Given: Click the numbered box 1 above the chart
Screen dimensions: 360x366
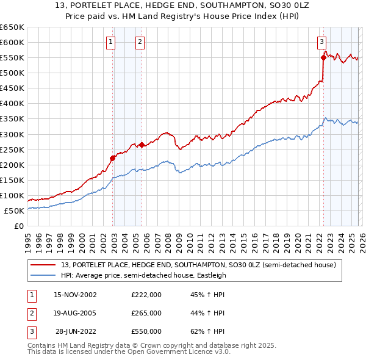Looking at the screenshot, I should coord(110,42).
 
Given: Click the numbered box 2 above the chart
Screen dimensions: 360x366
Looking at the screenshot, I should coord(140,42).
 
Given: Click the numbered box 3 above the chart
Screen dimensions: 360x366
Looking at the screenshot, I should coord(321,42).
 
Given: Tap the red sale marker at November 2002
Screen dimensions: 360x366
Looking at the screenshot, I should coord(113,158).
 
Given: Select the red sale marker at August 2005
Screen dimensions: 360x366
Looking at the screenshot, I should coord(142,145).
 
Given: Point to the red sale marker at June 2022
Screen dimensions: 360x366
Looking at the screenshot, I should coord(323,57).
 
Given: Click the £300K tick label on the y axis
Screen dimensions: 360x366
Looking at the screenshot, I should coord(12,134).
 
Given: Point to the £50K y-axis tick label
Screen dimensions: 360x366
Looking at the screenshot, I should coord(14,211).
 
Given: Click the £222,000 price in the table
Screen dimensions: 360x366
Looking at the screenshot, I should coord(146,295).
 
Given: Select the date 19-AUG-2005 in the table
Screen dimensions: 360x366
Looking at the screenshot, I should coord(75,313).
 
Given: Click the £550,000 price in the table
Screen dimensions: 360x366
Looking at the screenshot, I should coord(146,331).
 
